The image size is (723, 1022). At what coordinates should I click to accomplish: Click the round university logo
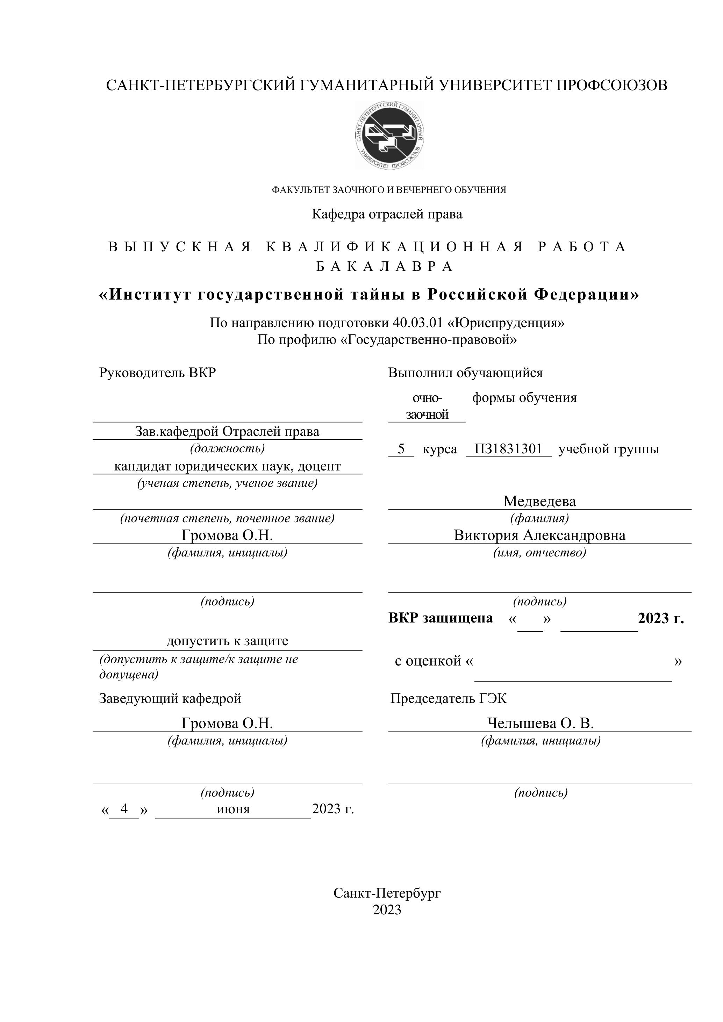pyautogui.click(x=389, y=135)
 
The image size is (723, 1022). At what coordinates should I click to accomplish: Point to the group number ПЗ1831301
pyautogui.click(x=508, y=449)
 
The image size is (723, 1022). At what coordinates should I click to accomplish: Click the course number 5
pyautogui.click(x=401, y=449)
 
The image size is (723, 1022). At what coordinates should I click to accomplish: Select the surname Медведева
pyautogui.click(x=539, y=501)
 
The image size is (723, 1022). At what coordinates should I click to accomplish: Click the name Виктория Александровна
pyautogui.click(x=539, y=535)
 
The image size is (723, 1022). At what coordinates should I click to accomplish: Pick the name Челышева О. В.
pyautogui.click(x=540, y=723)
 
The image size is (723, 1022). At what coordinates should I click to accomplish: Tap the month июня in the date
pyautogui.click(x=233, y=809)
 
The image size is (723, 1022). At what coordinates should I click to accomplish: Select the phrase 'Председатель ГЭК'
pyautogui.click(x=448, y=698)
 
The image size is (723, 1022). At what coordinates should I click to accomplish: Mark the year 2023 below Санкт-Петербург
pyautogui.click(x=387, y=909)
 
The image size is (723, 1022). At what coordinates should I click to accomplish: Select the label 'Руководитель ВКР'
pyautogui.click(x=157, y=373)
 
